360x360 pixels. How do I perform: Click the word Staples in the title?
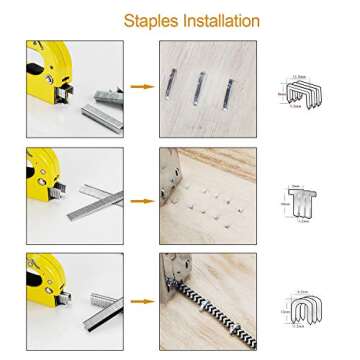coord(147,21)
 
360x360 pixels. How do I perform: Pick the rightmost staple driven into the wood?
coord(230,93)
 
